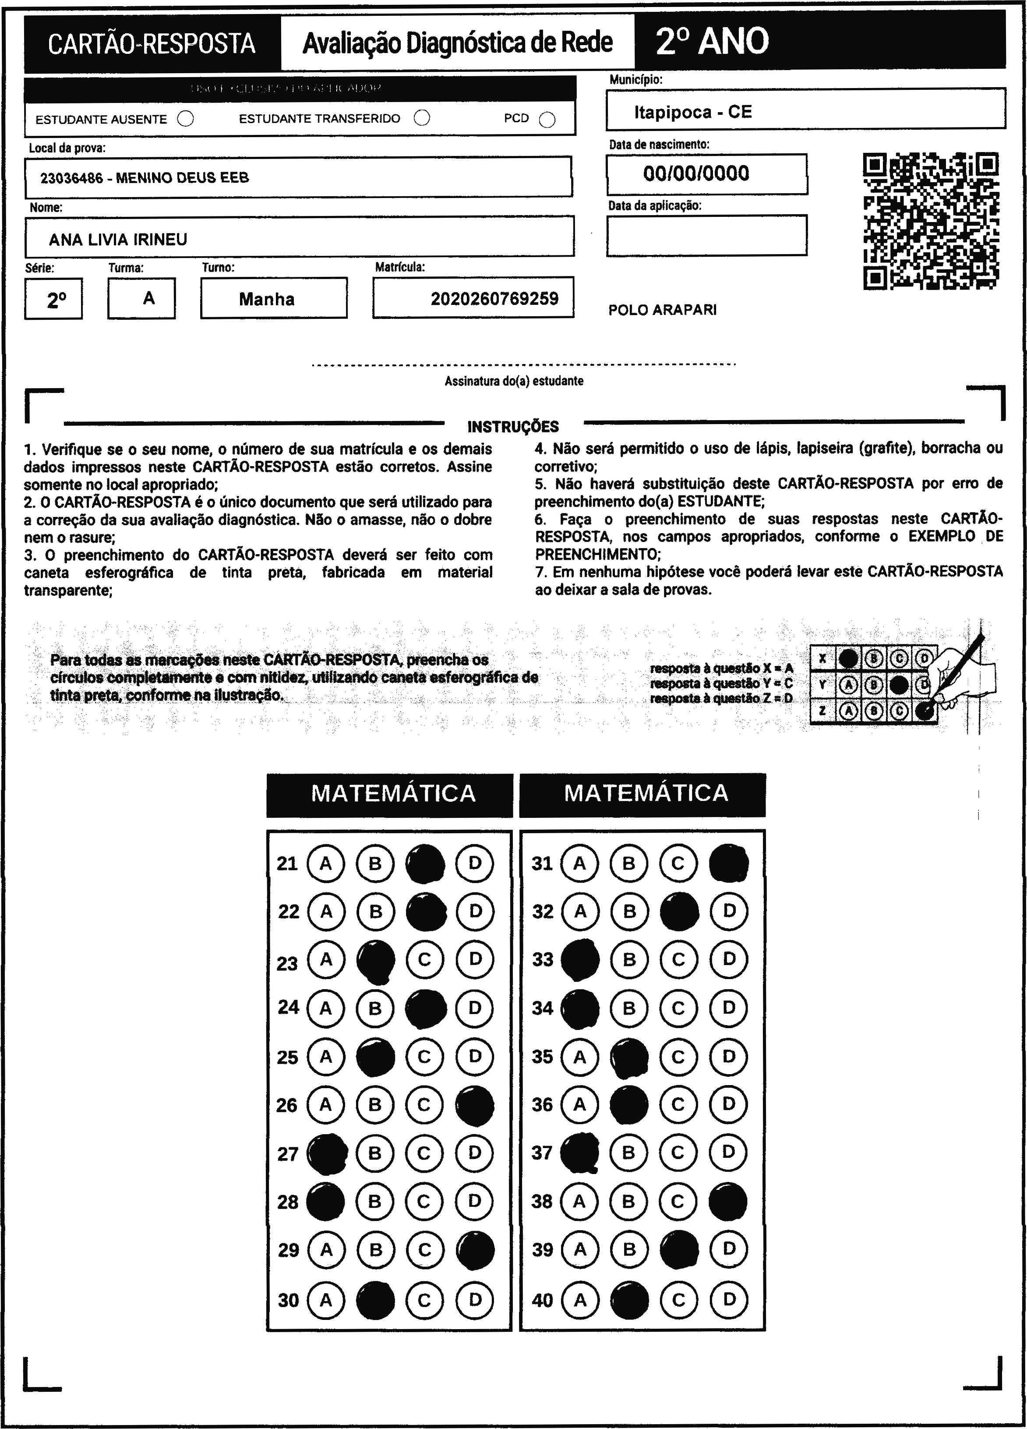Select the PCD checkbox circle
click(547, 120)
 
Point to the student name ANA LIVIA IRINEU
click(118, 240)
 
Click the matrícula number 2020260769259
click(494, 299)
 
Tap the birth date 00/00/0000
click(696, 173)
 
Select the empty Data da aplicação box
click(706, 236)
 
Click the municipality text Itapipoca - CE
click(693, 112)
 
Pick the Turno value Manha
click(267, 299)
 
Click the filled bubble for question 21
click(425, 863)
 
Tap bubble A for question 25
click(326, 1057)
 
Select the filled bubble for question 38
click(728, 1202)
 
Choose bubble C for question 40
click(678, 1299)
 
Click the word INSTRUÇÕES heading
click(513, 427)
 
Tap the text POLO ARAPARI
click(662, 310)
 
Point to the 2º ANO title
click(712, 42)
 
